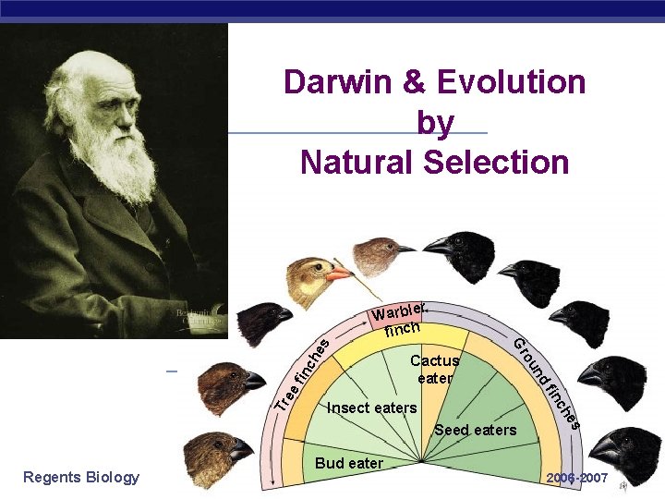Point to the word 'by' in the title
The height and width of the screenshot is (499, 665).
click(x=435, y=124)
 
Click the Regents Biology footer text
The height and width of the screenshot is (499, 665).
click(x=81, y=477)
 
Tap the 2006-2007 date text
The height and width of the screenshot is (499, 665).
click(x=576, y=478)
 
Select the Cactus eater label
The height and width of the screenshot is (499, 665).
click(x=434, y=370)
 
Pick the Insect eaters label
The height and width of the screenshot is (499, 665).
click(x=372, y=408)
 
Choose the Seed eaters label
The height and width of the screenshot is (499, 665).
click(x=475, y=430)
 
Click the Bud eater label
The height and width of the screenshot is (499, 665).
click(x=349, y=463)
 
